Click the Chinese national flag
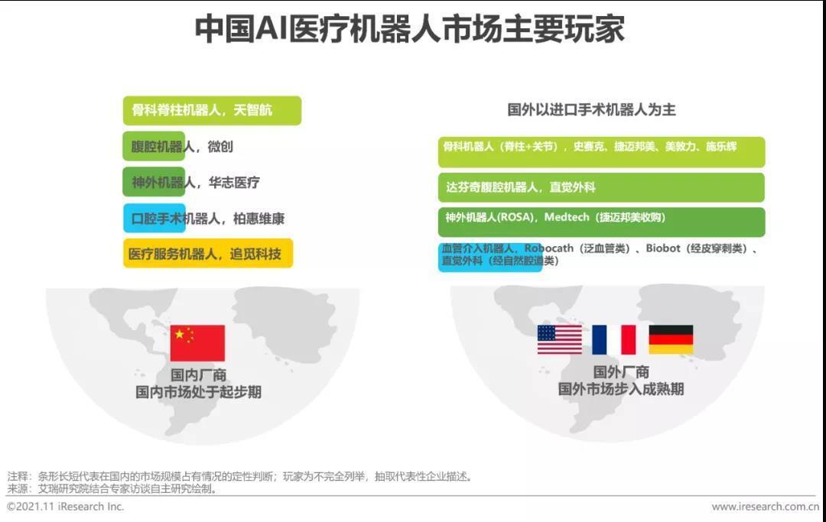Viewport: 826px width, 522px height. click(x=197, y=343)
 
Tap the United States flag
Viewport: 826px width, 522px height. click(x=559, y=340)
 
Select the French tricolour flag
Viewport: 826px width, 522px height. click(x=614, y=340)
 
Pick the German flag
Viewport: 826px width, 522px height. click(x=671, y=340)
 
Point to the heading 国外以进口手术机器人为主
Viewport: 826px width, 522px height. click(x=591, y=109)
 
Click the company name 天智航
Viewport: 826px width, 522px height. click(x=252, y=110)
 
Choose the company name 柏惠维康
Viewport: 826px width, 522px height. click(x=259, y=219)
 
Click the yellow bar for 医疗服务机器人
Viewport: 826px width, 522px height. click(x=207, y=255)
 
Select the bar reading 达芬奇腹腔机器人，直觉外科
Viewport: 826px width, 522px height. click(x=600, y=187)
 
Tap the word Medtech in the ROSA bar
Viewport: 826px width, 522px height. click(x=567, y=218)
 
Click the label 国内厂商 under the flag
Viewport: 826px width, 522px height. click(x=198, y=376)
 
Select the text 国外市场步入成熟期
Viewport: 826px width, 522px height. click(x=621, y=389)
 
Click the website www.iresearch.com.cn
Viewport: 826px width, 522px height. click(x=764, y=507)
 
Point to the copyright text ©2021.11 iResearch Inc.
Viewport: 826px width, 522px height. click(x=66, y=507)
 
